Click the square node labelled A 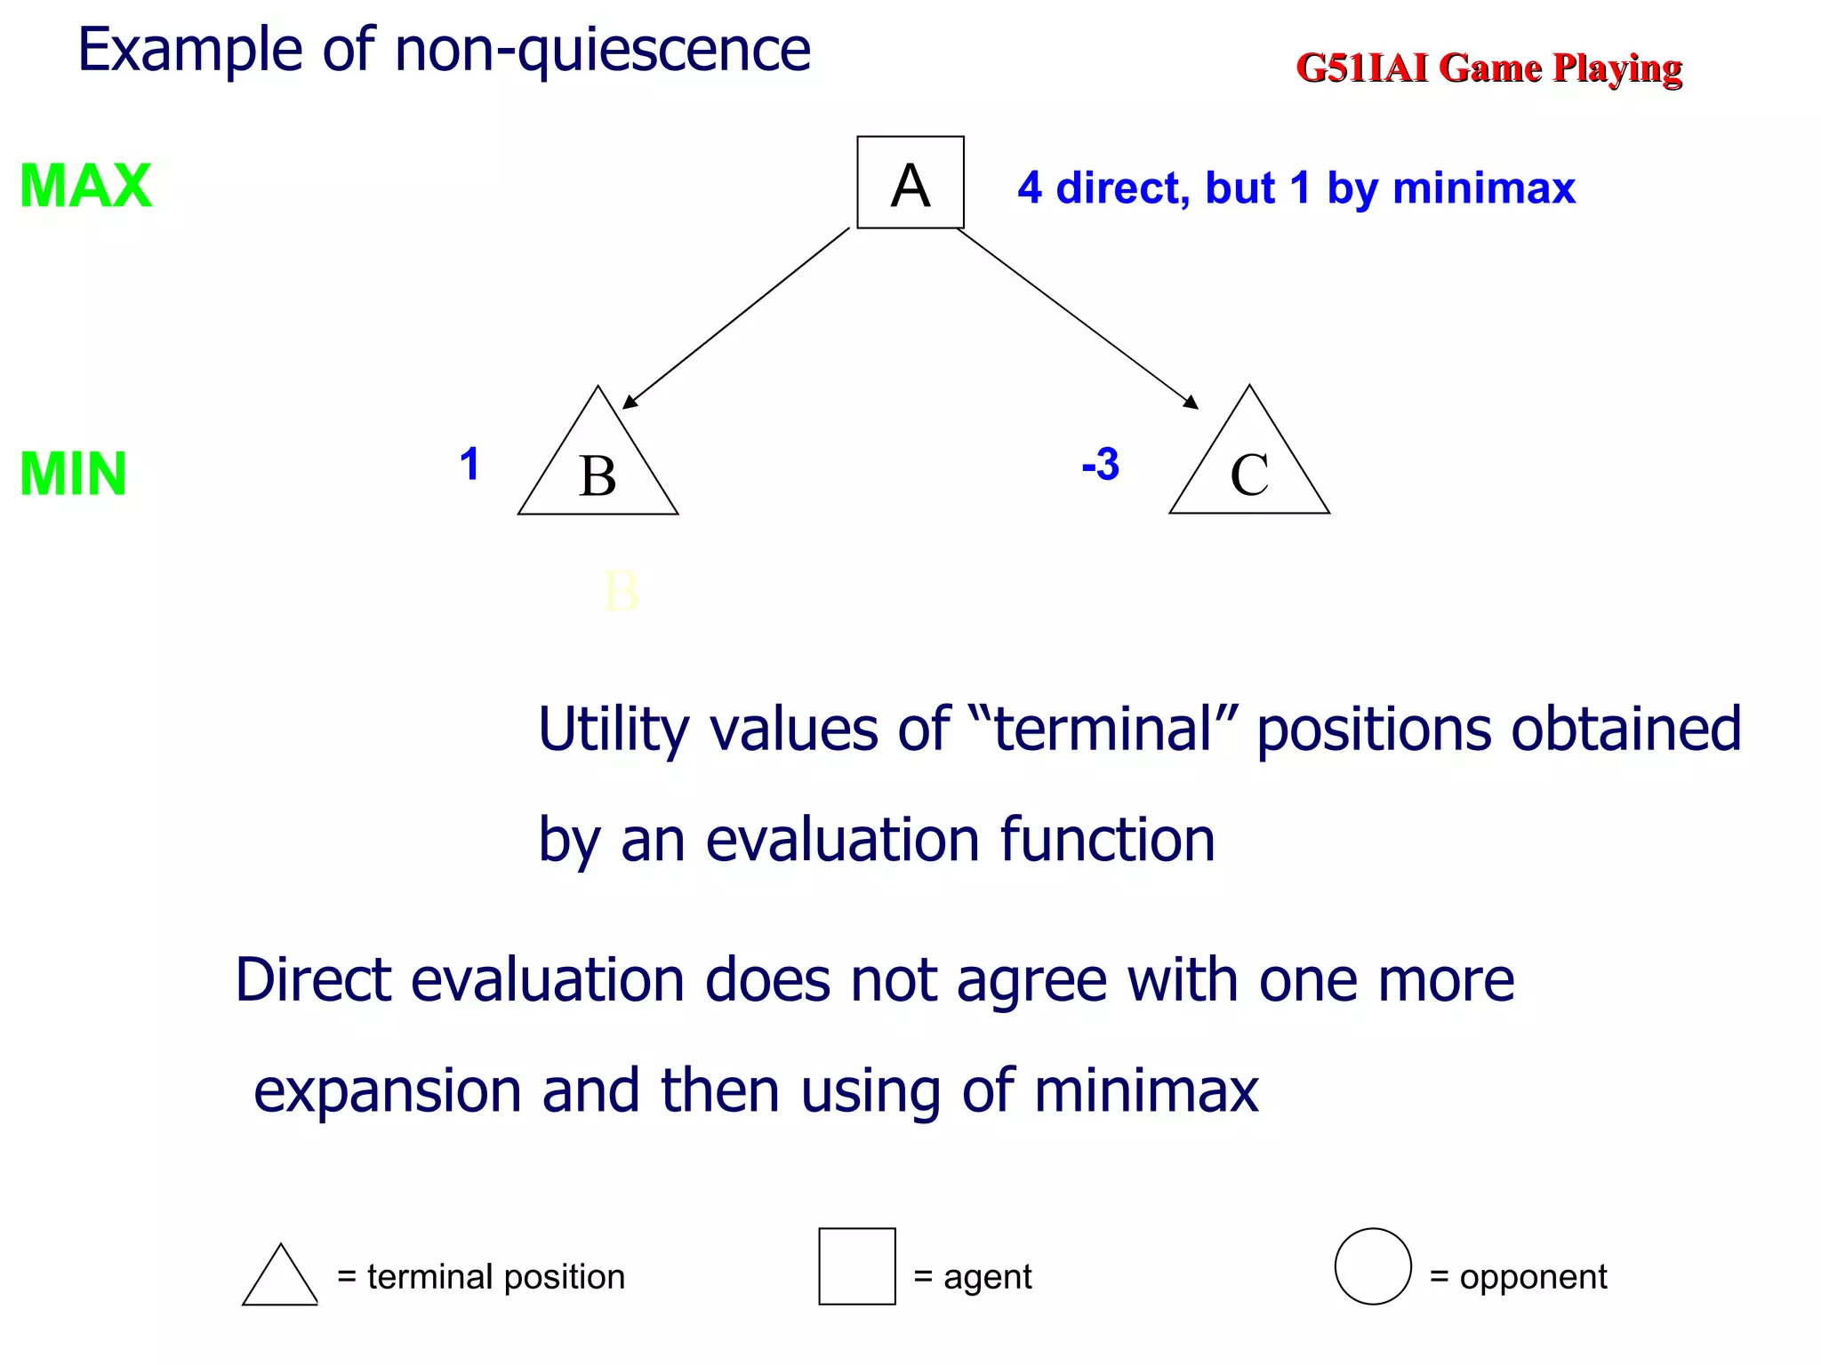910,182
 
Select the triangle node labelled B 598,471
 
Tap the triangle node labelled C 1248,471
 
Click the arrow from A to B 736,318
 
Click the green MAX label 85,187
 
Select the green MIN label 73,474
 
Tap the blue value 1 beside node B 469,465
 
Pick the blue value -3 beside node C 1100,465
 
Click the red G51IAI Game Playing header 1488,68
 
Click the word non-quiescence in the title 603,50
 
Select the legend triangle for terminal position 280,1278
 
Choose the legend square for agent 857,1266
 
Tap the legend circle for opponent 1373,1266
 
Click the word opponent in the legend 1533,1277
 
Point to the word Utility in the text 614,730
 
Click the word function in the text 1107,840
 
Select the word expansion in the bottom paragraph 388,1091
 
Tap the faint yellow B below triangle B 622,592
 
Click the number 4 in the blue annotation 1030,188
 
